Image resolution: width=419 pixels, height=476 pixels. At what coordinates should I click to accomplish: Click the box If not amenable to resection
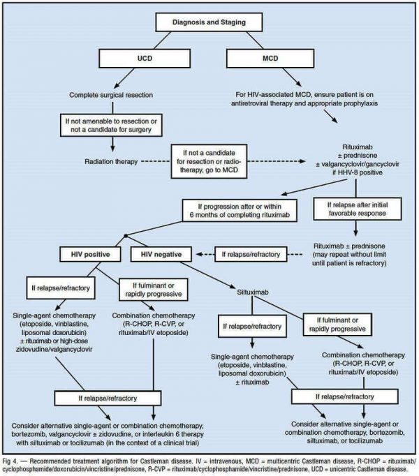tap(112, 126)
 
